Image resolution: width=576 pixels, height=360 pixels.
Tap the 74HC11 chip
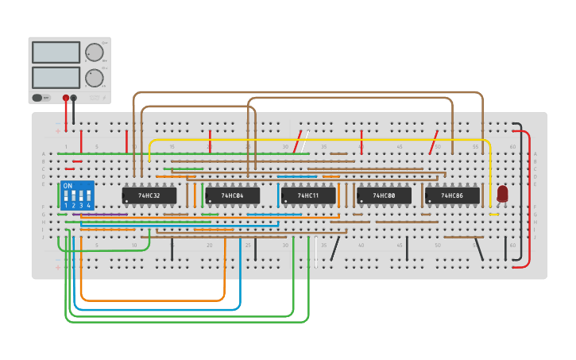click(x=307, y=195)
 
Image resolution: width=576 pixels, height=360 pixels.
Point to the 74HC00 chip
click(x=384, y=195)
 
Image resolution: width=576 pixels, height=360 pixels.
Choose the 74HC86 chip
click(x=452, y=195)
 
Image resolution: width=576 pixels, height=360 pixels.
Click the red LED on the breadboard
click(x=502, y=193)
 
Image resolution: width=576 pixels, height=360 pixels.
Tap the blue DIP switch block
click(x=77, y=194)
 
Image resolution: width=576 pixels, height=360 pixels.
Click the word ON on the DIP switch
click(x=68, y=186)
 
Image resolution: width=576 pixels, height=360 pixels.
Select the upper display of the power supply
click(x=56, y=52)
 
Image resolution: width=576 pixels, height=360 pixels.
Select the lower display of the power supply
click(x=56, y=77)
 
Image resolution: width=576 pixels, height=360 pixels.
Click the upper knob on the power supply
click(x=94, y=52)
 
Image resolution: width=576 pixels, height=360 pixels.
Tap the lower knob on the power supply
click(x=94, y=78)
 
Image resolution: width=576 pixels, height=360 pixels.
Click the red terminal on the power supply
click(x=66, y=98)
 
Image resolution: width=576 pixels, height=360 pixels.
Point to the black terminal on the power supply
click(x=74, y=98)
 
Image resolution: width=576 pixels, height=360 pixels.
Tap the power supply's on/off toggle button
click(x=37, y=98)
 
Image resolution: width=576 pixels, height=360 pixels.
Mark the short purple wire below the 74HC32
click(x=100, y=215)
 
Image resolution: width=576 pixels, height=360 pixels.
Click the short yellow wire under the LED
click(x=494, y=215)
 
